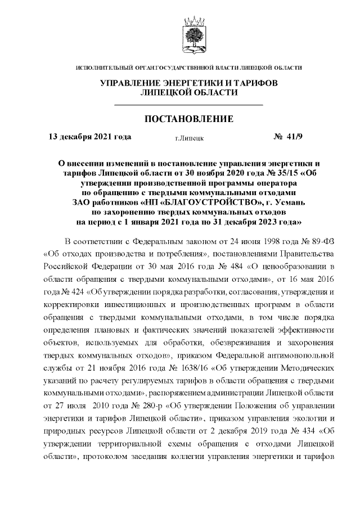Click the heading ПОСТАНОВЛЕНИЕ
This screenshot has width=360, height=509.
click(188, 119)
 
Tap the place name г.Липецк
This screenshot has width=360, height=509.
click(189, 137)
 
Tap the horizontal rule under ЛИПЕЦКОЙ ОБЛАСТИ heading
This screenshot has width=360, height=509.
click(188, 105)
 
